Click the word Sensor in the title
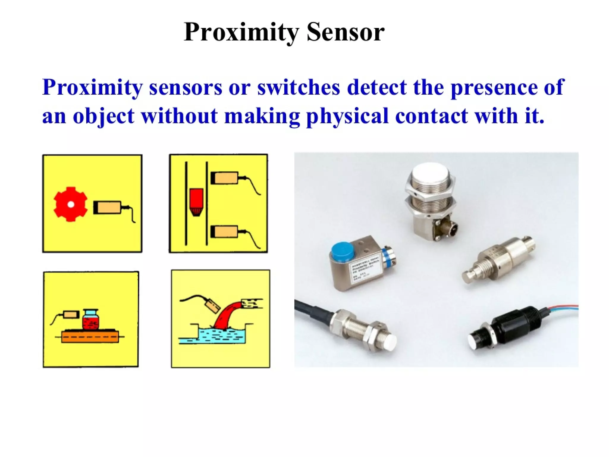click(346, 32)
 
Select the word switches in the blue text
click(299, 87)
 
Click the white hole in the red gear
click(70, 204)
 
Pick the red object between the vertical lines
click(196, 201)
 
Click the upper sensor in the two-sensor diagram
click(225, 178)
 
